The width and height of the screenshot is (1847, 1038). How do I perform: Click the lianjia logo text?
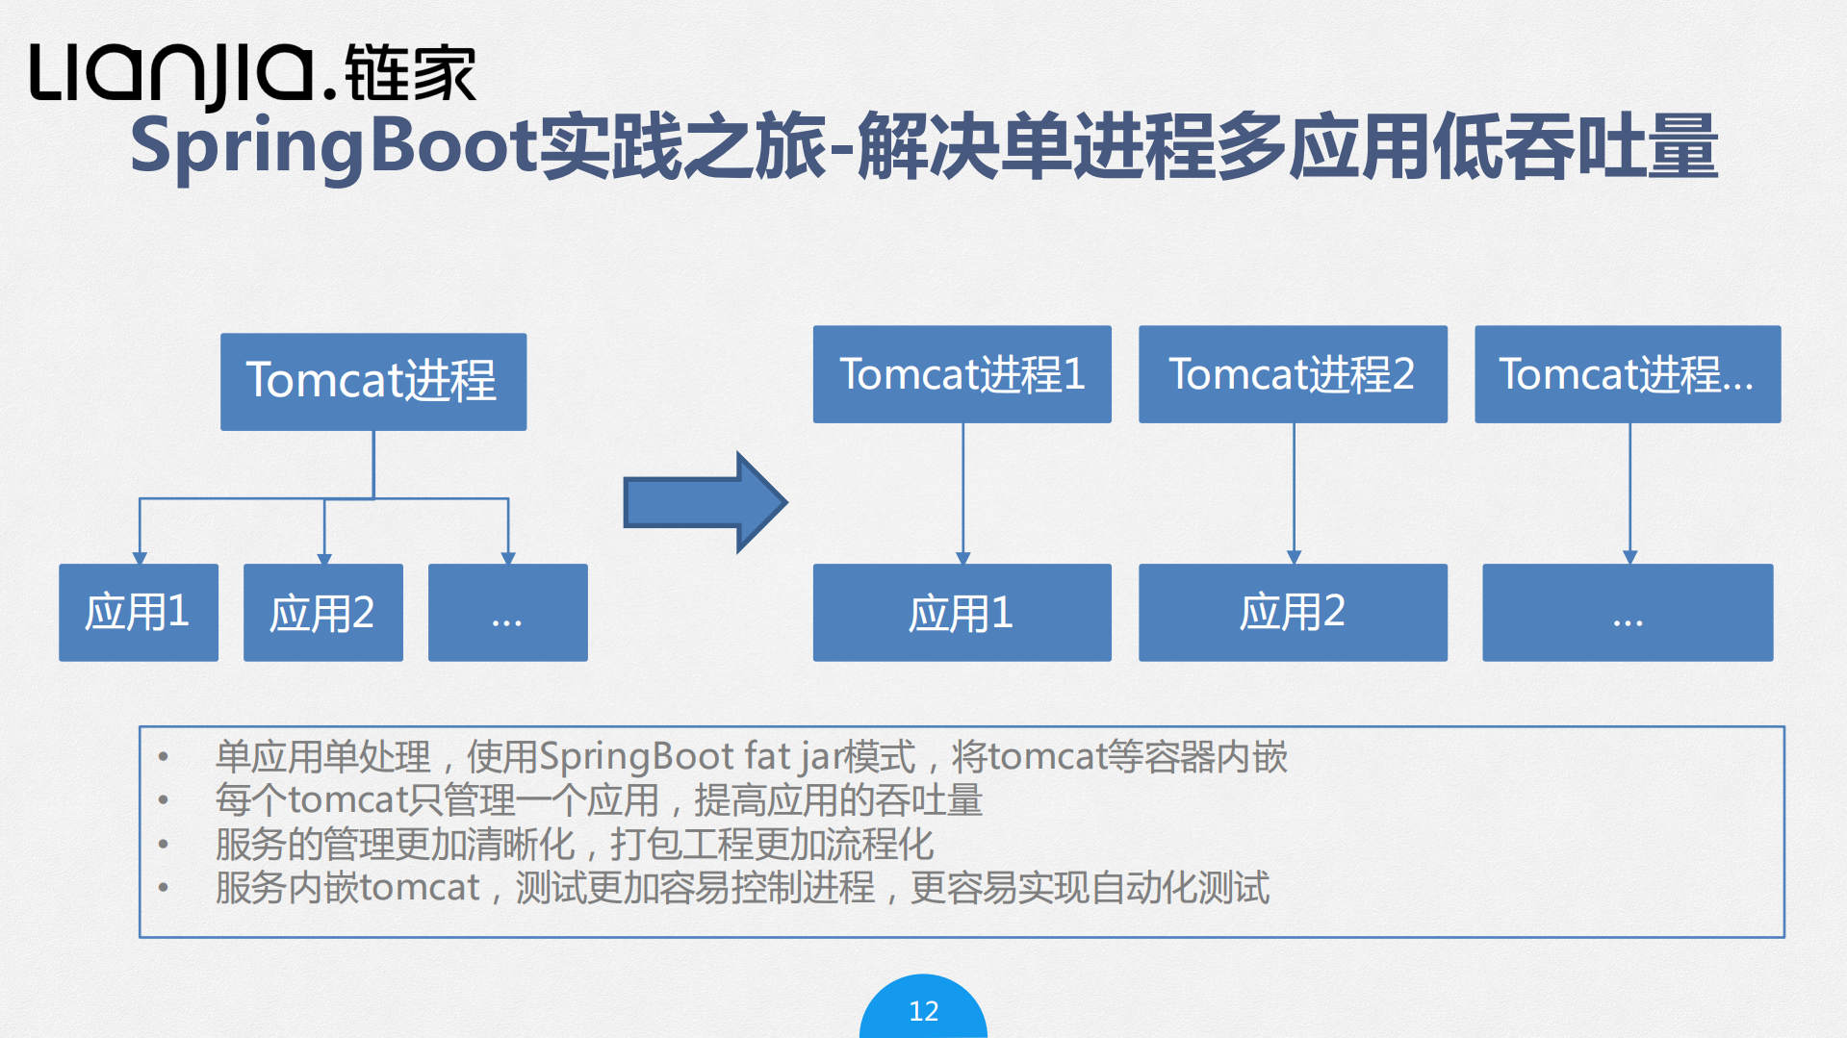click(173, 74)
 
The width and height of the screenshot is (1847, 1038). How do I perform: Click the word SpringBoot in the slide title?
click(333, 147)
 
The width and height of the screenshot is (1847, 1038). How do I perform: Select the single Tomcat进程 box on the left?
click(372, 381)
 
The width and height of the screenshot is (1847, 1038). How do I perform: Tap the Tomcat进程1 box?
click(962, 374)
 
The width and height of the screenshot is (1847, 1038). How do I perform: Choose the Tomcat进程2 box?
click(1292, 374)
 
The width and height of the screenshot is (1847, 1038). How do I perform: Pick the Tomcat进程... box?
click(1627, 374)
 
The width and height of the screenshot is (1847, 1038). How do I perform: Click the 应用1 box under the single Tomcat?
click(138, 612)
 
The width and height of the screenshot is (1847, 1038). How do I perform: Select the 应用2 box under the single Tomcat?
click(322, 612)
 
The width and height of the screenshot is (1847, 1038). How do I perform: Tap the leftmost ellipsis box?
click(507, 612)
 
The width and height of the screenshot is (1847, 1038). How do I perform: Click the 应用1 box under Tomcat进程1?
click(962, 612)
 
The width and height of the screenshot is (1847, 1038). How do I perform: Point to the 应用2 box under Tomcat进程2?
click(1292, 612)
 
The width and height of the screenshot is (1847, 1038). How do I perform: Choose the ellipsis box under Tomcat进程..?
click(1627, 612)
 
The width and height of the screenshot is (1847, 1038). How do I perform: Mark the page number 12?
click(923, 1011)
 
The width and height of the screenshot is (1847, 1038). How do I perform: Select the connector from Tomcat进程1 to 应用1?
click(962, 491)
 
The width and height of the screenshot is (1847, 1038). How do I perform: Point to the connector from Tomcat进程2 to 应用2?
click(1294, 491)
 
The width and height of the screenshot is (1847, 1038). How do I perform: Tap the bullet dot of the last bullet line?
click(164, 888)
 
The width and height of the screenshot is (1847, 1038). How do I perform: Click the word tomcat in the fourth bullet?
click(420, 888)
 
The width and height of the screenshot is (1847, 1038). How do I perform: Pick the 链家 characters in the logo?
click(410, 74)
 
